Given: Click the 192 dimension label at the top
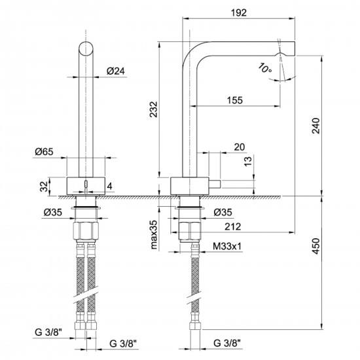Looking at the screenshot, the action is (x=239, y=13).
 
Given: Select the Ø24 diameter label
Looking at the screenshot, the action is (x=116, y=71).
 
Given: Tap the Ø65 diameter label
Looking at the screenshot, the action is (x=44, y=152).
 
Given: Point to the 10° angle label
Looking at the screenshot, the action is (x=264, y=67).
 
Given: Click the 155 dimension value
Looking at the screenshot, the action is (x=235, y=100).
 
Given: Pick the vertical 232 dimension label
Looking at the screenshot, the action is (x=154, y=109).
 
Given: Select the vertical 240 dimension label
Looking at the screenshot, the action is (x=316, y=126).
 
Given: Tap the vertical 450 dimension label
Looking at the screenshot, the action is (x=316, y=246).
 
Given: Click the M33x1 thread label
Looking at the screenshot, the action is (x=227, y=247).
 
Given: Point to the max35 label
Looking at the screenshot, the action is (x=154, y=234).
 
